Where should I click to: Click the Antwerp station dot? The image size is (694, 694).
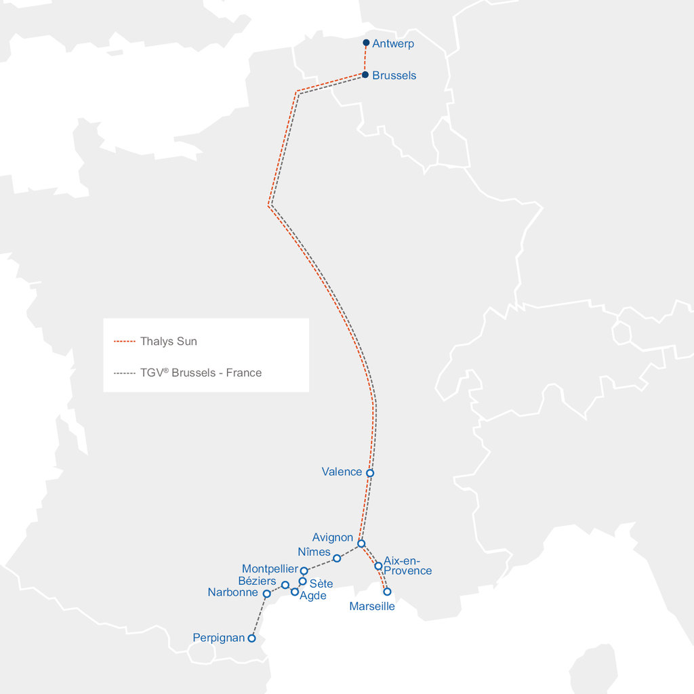(x=366, y=43)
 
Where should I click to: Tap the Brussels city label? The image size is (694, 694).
(x=394, y=75)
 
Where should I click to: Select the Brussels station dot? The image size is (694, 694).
(x=365, y=75)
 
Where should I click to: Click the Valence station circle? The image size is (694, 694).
(x=369, y=473)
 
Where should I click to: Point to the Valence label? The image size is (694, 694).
(x=342, y=472)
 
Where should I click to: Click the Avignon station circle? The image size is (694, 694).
(x=361, y=544)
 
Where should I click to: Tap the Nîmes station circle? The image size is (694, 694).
(x=337, y=558)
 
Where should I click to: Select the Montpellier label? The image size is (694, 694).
(x=270, y=569)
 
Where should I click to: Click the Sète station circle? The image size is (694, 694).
(x=303, y=581)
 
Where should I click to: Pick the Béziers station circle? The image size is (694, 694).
(x=285, y=585)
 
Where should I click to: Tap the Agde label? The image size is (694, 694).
(x=313, y=596)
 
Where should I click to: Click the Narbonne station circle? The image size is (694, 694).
(x=266, y=594)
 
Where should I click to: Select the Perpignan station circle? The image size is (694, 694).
(x=251, y=638)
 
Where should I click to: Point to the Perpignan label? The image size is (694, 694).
(x=218, y=638)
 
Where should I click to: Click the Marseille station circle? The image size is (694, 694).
(x=387, y=592)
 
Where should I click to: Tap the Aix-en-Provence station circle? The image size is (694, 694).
(x=378, y=566)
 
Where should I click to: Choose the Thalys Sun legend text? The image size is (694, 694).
(x=168, y=341)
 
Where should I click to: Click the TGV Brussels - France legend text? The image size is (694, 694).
(x=201, y=373)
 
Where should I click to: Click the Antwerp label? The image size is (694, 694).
(x=393, y=44)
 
